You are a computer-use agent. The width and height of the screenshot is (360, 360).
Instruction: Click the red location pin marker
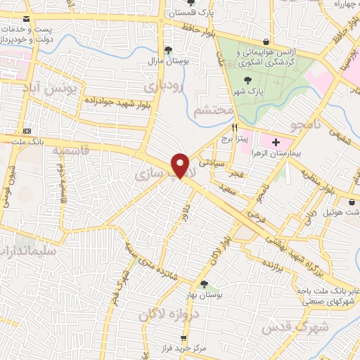(180, 166)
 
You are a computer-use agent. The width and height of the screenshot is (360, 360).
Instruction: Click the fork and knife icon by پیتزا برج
(235, 128)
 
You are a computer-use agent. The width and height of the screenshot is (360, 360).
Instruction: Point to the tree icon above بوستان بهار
(205, 284)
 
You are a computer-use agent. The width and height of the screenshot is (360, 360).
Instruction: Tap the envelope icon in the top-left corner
(27, 18)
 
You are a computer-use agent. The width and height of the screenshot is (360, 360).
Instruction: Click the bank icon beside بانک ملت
(27, 131)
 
